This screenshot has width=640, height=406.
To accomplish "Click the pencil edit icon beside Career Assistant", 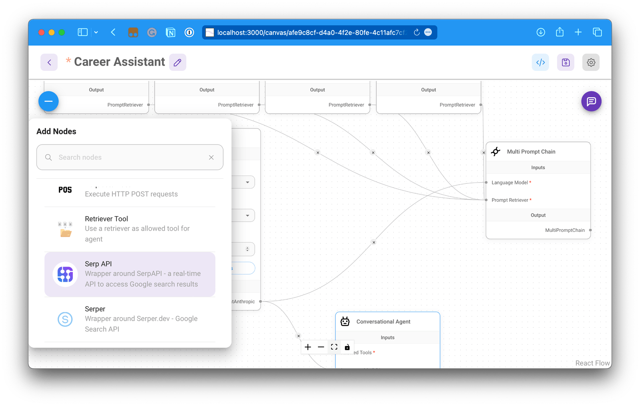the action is tap(178, 62).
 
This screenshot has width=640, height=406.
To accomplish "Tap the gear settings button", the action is tap(591, 62).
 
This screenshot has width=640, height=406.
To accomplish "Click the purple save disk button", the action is tap(566, 62).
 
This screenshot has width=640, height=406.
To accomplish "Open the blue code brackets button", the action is tap(540, 62).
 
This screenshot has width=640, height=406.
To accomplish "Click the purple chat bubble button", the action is tap(591, 102).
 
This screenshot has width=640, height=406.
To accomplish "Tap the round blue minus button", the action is tap(48, 101).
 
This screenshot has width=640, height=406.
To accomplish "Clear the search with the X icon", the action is tap(211, 157).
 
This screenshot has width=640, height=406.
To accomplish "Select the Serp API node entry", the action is tap(130, 274).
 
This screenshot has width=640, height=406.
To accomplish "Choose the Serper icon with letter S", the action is tap(65, 319).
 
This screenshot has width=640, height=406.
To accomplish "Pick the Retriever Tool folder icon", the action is tap(65, 229).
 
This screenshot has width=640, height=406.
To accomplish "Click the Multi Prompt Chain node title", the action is tap(531, 152).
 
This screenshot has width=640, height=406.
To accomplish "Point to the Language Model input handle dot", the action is tap(486, 183).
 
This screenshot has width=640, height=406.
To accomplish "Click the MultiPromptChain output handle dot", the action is tap(590, 230).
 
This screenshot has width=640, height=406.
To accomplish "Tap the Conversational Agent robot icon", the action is tap(345, 322).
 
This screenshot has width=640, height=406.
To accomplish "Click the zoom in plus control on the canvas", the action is tap(308, 347).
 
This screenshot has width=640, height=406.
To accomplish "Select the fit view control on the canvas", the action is tap(334, 347).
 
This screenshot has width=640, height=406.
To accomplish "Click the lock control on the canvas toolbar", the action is tap(347, 347).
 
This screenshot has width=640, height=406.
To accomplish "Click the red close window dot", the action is tap(41, 32).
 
